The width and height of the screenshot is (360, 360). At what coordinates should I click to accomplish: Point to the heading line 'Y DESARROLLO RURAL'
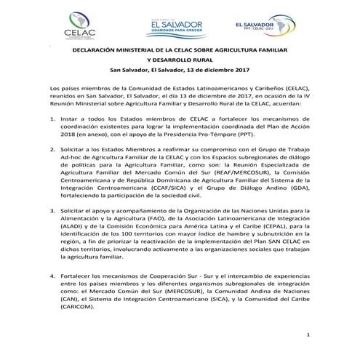click(180, 60)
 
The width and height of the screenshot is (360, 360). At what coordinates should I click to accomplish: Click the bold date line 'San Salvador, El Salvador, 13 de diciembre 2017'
click(180, 70)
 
